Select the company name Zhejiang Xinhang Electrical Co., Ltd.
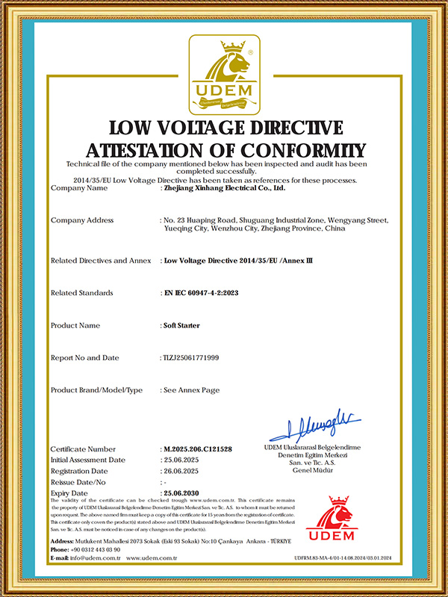pyautogui.click(x=224, y=189)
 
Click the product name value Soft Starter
pyautogui.click(x=180, y=325)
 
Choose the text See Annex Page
pyautogui.click(x=190, y=390)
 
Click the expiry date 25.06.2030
pyautogui.click(x=183, y=493)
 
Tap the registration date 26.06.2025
pyautogui.click(x=183, y=471)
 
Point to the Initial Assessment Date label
pyautogui.click(x=87, y=460)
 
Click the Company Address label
pyautogui.click(x=81, y=220)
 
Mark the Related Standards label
pyautogui.click(x=81, y=293)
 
